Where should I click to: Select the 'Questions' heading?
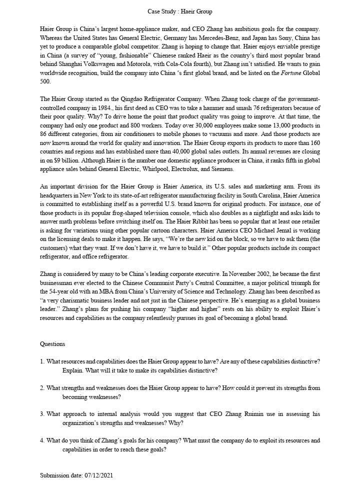point(52,344)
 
